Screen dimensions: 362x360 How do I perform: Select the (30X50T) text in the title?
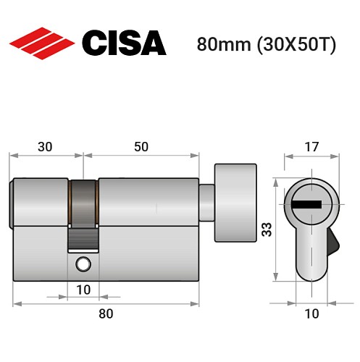pyautogui.click(x=294, y=43)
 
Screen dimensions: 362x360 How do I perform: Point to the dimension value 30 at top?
pyautogui.click(x=45, y=146)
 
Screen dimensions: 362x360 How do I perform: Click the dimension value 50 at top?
pyautogui.click(x=141, y=146)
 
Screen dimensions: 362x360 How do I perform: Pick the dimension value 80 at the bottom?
pyautogui.click(x=106, y=313)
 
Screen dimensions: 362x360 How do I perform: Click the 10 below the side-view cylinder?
pyautogui.click(x=83, y=290)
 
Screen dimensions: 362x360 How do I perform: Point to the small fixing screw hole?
pyautogui.click(x=84, y=264)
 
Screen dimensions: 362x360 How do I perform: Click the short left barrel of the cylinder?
pyautogui.click(x=41, y=201)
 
